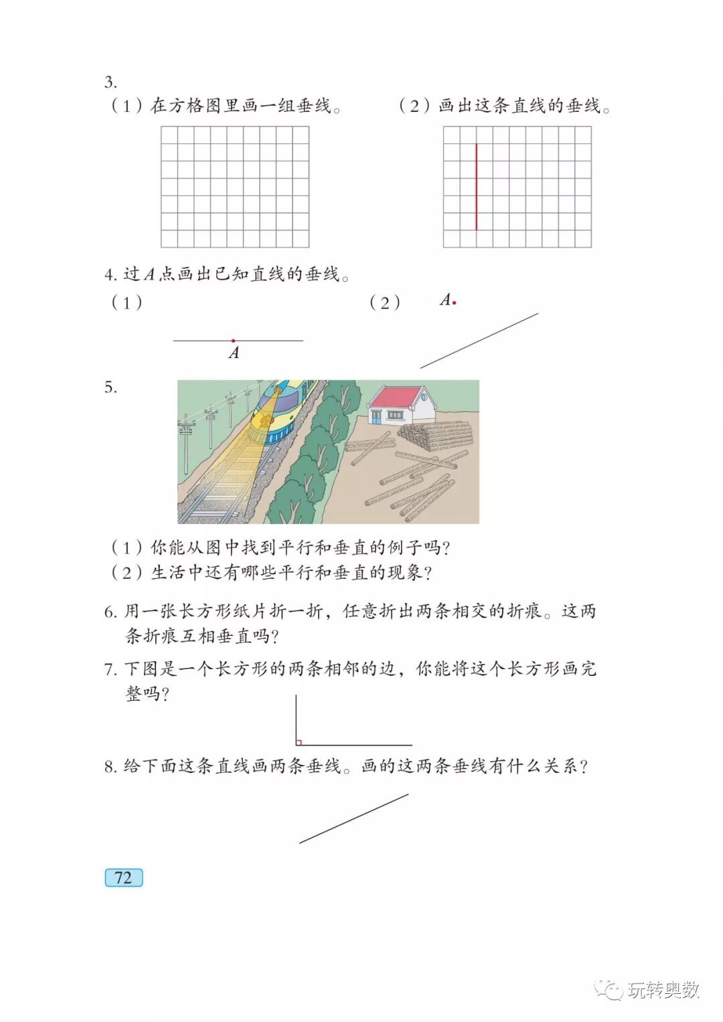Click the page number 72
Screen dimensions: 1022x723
point(124,877)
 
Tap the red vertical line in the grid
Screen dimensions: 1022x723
point(477,187)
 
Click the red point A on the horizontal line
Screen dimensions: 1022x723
point(233,341)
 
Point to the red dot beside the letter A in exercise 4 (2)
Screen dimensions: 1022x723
point(455,303)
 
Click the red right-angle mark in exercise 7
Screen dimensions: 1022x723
point(299,742)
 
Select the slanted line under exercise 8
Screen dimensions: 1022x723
point(353,819)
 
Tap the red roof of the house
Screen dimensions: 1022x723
point(395,398)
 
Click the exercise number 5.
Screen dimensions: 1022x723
point(110,388)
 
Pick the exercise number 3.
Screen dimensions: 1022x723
point(110,83)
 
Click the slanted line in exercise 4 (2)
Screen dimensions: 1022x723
point(479,341)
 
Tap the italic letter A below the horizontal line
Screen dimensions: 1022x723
point(234,353)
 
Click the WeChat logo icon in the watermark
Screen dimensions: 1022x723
point(609,989)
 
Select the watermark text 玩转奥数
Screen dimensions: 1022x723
point(664,990)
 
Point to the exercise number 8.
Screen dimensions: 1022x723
point(110,767)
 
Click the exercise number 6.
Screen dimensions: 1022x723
point(110,612)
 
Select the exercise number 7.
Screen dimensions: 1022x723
point(110,669)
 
